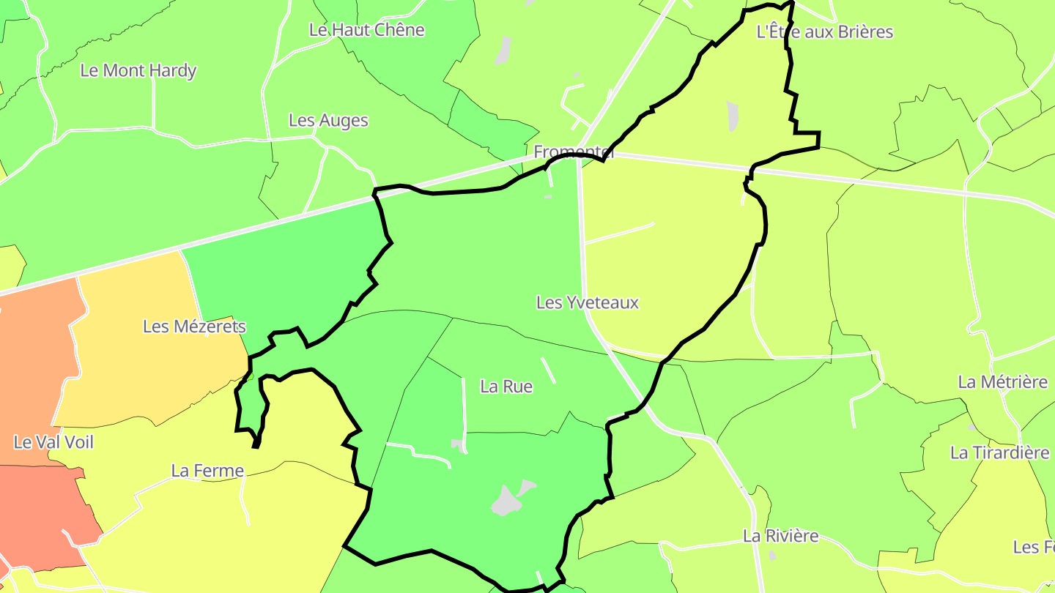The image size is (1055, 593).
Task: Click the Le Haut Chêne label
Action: click(x=366, y=30)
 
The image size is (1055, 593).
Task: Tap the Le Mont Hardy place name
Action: click(x=138, y=71)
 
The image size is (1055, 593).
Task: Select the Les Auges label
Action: click(x=328, y=120)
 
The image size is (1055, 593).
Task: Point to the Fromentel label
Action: click(x=573, y=152)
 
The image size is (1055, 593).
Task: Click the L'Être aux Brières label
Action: click(x=824, y=32)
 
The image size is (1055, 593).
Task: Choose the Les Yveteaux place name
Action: click(x=588, y=302)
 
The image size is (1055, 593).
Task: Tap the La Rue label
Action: click(x=506, y=387)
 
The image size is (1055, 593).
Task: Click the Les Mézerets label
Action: click(x=194, y=327)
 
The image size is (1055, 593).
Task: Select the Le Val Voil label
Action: click(x=53, y=442)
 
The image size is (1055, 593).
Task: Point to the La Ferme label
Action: click(x=207, y=471)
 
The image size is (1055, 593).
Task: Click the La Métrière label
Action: click(x=1003, y=382)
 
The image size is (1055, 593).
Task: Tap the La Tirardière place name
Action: click(x=999, y=453)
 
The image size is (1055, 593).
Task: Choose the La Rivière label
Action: click(x=780, y=536)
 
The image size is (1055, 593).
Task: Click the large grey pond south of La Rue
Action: click(x=510, y=499)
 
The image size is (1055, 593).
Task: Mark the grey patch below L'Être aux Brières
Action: click(x=733, y=116)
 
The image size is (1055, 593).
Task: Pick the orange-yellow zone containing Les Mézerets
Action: click(x=147, y=366)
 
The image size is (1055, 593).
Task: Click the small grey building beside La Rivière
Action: click(x=772, y=556)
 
